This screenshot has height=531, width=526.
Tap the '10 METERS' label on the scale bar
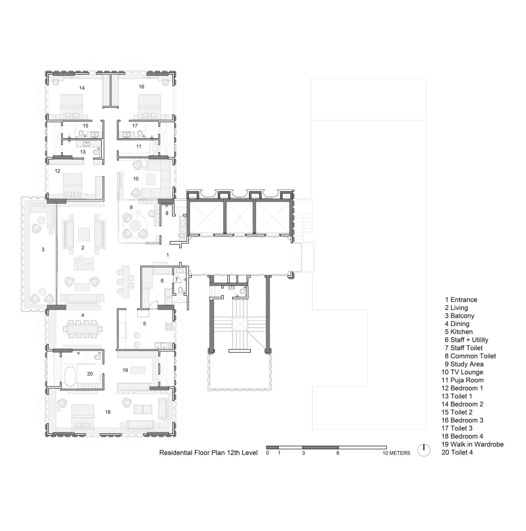pos(396,453)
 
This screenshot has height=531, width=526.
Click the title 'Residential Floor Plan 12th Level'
pos(208,453)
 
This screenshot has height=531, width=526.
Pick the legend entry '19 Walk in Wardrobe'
pos(472,444)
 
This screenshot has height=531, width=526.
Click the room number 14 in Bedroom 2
pos(82,88)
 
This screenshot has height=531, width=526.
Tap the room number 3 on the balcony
pos(43,249)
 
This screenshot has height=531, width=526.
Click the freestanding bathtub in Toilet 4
pos(70,376)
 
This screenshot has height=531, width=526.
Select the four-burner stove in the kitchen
pos(169,326)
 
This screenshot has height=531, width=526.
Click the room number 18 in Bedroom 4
pos(108,412)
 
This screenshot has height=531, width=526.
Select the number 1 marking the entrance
pos(168,255)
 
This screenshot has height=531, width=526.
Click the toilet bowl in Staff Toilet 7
pos(180,290)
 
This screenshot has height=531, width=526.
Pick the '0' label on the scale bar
pos(267,453)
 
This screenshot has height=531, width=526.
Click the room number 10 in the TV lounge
pos(136,179)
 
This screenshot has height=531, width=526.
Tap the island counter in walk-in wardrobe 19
pos(138,370)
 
